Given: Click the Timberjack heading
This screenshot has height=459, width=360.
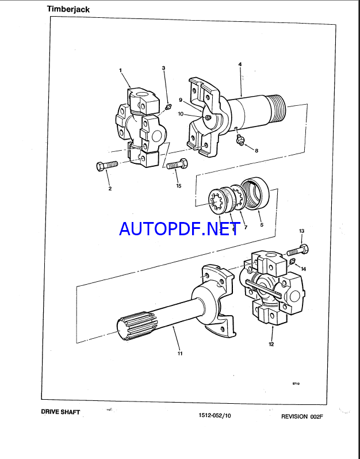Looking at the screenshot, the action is coord(68,9).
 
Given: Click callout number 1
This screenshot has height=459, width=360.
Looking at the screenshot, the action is coord(120,70).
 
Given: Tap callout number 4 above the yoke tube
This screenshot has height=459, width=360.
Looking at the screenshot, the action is coord(240,64).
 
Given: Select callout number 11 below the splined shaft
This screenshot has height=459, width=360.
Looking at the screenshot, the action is coord(180,353).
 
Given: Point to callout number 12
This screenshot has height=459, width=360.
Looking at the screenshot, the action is coord(271,344).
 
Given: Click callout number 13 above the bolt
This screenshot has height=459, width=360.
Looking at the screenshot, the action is coord(302,231).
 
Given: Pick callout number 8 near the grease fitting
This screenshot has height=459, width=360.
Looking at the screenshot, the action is coord(256,151).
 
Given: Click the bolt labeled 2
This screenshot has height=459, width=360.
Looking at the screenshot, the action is coord(107,166).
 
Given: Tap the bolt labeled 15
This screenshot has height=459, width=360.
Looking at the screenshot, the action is coord(177,164).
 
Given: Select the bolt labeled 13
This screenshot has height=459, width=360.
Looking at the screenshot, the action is coord(298,250).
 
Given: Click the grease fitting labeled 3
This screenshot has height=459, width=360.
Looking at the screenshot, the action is coord(168,107).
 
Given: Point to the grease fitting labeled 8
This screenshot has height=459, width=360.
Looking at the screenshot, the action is coord(240,139).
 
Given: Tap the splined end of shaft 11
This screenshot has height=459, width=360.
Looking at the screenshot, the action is coord(137,328).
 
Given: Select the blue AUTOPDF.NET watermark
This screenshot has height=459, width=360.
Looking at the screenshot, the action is coord(179,228).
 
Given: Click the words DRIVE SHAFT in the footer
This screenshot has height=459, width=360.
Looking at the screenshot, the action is coord(60,412).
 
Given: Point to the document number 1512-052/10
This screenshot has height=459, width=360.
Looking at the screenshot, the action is coord(215,415).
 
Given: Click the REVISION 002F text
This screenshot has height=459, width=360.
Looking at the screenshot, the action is coord(302,416).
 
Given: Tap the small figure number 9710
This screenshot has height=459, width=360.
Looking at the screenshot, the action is coord(296,384).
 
